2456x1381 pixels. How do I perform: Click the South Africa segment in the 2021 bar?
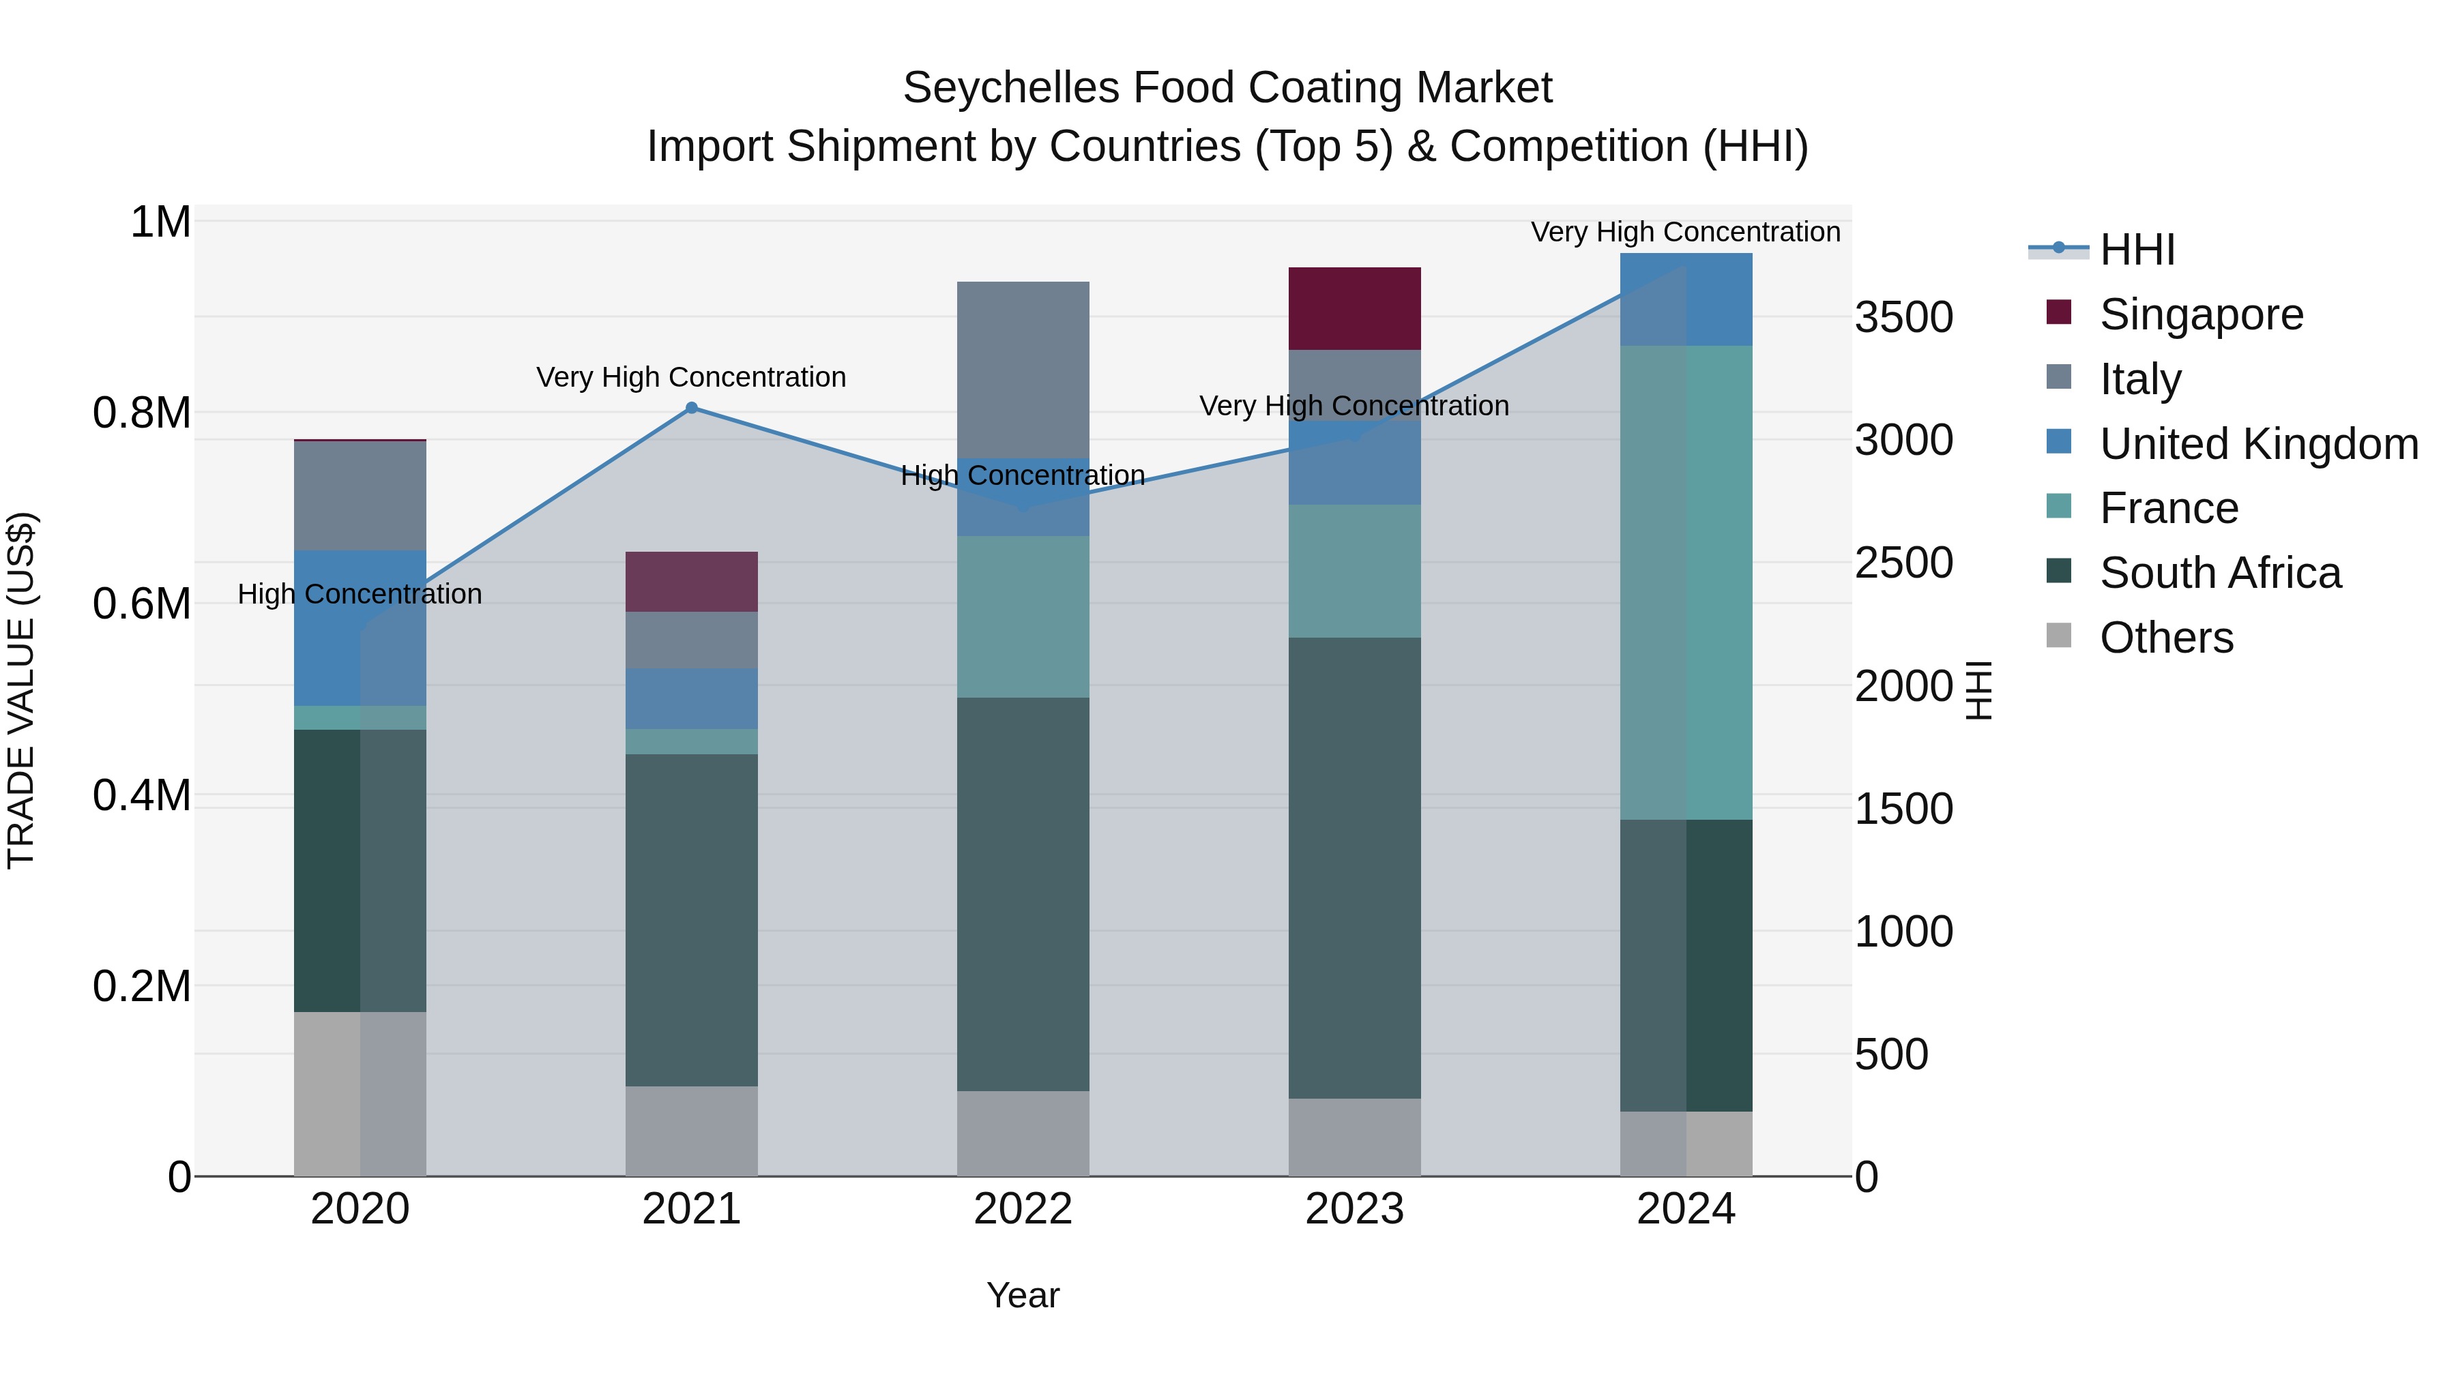pos(691,920)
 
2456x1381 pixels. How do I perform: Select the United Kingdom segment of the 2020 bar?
pos(360,627)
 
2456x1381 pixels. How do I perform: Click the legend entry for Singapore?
pos(2200,314)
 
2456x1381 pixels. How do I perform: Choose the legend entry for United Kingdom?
pos(2257,444)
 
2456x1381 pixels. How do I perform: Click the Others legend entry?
pos(2165,638)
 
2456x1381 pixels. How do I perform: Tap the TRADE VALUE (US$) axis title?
pos(21,690)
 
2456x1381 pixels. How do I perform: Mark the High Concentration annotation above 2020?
pos(360,594)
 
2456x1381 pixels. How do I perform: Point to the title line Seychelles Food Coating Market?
pos(1227,88)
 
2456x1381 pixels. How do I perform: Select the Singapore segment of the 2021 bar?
pos(691,581)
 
